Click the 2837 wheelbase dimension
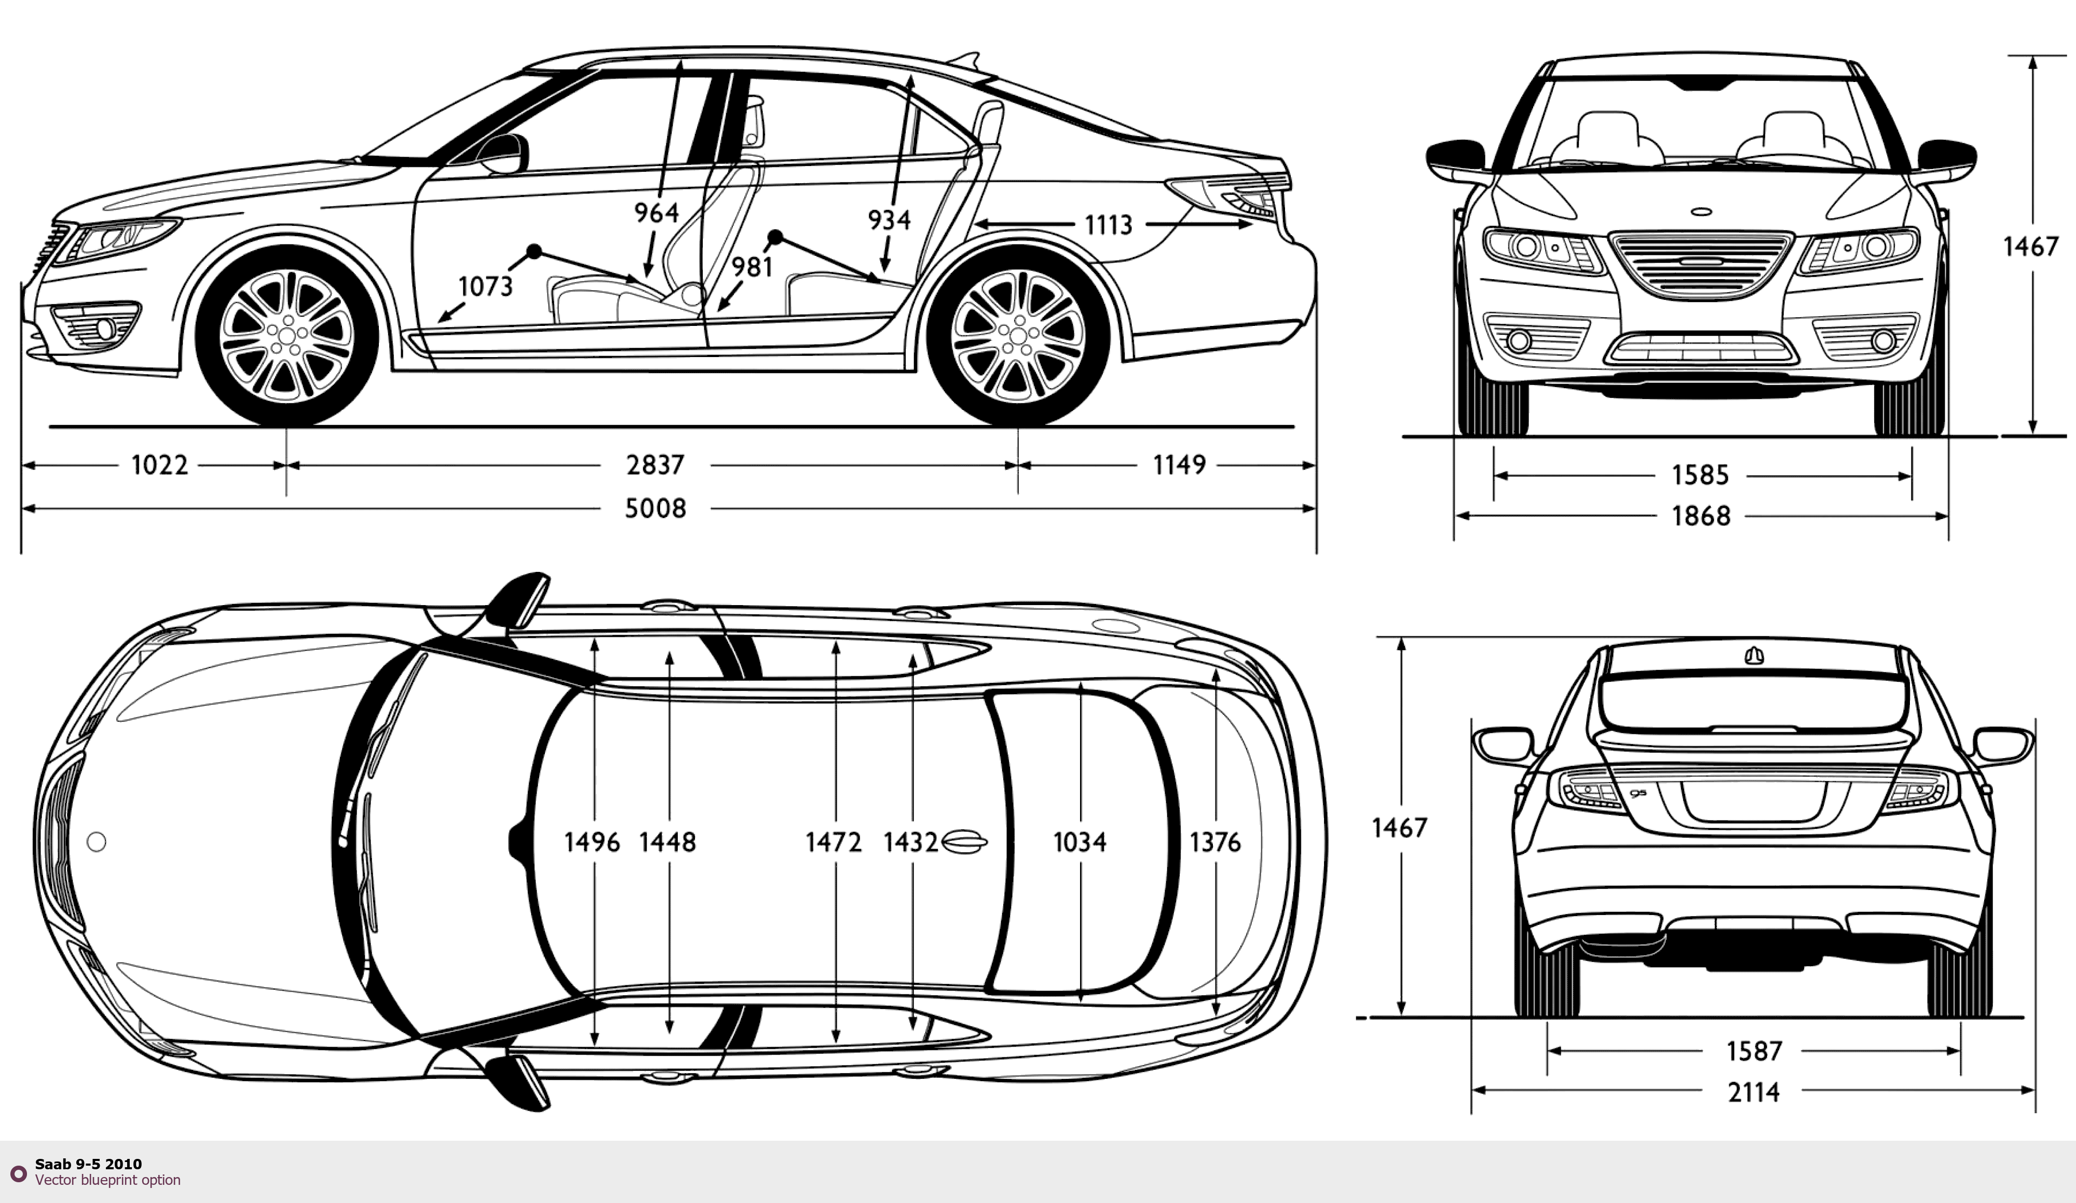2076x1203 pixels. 655,464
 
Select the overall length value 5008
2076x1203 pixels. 655,509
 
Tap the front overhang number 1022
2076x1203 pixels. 160,464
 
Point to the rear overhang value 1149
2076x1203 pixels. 1179,464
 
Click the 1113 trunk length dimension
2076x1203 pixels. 1108,224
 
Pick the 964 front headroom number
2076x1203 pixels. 655,213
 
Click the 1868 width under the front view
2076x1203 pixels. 1700,516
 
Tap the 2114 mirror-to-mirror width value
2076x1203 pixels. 1754,1092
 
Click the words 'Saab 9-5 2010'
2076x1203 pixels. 88,1164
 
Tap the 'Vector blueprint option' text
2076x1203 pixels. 108,1180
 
